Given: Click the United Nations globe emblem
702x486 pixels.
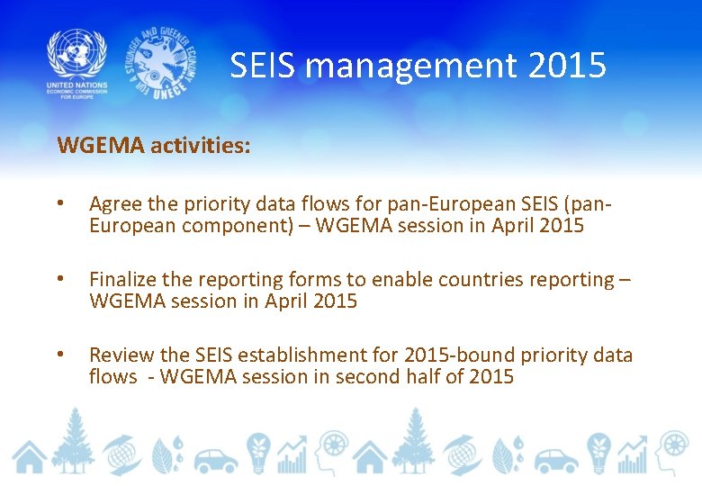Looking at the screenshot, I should [x=76, y=53].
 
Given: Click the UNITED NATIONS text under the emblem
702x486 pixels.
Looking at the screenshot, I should [x=76, y=85].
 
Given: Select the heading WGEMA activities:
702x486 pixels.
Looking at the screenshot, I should [x=154, y=146].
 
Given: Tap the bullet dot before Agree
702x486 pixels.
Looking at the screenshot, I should [x=60, y=205].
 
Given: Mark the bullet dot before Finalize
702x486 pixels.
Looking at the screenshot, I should [x=60, y=281].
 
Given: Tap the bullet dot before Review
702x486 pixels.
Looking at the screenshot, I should [x=60, y=356].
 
